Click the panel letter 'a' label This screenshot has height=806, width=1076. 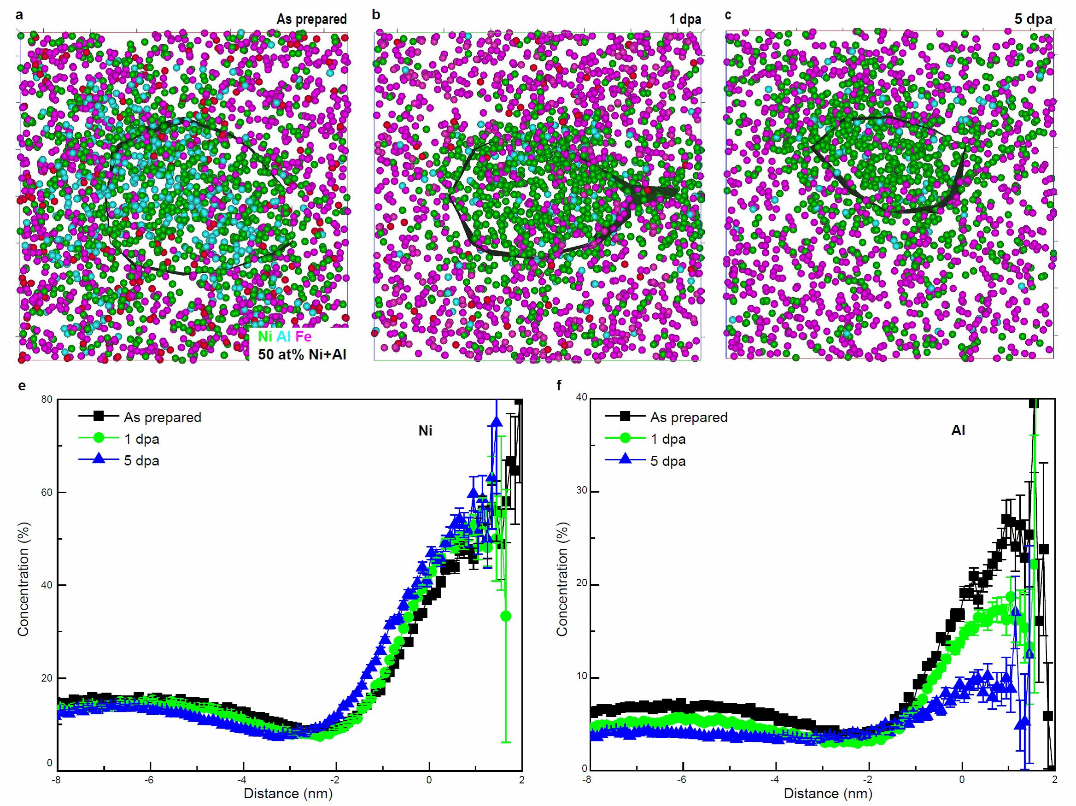click(x=19, y=15)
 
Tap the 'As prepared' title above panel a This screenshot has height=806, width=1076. click(x=311, y=19)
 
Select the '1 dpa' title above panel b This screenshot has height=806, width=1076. click(x=684, y=19)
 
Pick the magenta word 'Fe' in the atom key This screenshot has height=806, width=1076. click(x=304, y=336)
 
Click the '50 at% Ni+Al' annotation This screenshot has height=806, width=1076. click(x=302, y=354)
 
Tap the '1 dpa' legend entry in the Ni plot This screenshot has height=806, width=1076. click(x=141, y=439)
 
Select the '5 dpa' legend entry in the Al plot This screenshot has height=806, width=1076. click(x=667, y=461)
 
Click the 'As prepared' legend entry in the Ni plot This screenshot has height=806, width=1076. click(x=162, y=418)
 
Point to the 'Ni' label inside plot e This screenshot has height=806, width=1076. click(x=425, y=431)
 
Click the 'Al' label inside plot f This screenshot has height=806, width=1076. click(x=958, y=431)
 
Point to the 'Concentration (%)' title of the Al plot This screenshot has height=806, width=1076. click(x=562, y=579)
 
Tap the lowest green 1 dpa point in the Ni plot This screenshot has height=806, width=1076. click(x=505, y=616)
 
